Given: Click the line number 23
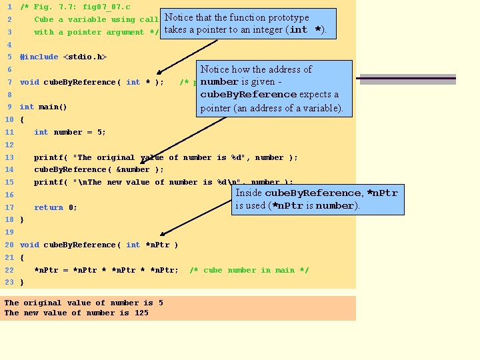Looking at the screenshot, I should coord(9,282).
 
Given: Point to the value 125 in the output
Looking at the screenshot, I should coord(141,313).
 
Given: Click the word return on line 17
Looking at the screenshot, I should coord(49,207).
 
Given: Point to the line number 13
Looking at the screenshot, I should coord(9,157).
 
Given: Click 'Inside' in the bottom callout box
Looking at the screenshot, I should coord(249,193).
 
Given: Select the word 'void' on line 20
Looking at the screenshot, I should coord(29,245).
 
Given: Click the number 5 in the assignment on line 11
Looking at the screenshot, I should coord(100,132).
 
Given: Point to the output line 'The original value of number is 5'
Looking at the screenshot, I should coord(84,303).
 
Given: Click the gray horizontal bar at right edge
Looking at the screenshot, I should coord(407,79).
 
